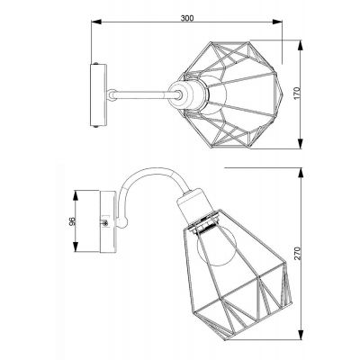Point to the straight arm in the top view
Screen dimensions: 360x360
pyautogui.click(x=135, y=91)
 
